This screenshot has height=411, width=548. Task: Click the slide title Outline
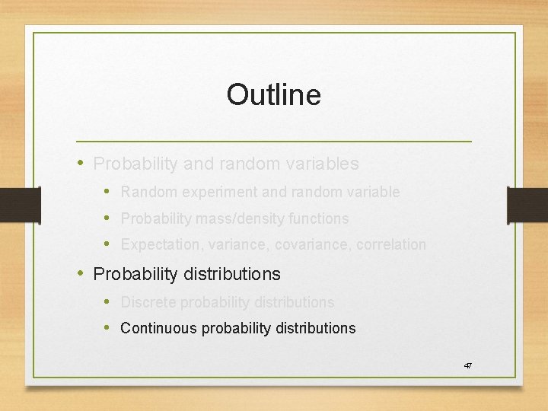pyautogui.click(x=273, y=95)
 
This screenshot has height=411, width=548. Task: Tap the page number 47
pyautogui.click(x=468, y=366)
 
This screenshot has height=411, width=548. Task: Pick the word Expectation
pyautogui.click(x=157, y=245)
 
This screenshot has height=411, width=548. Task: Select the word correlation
pyautogui.click(x=389, y=245)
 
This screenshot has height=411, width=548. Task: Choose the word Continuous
pyautogui.click(x=155, y=329)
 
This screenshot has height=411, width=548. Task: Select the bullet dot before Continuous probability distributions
pyautogui.click(x=107, y=328)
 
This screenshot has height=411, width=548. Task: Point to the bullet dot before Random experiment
pyautogui.click(x=107, y=192)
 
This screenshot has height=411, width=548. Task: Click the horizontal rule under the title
pyautogui.click(x=273, y=142)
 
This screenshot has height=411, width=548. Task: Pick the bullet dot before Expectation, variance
pyautogui.click(x=107, y=244)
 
